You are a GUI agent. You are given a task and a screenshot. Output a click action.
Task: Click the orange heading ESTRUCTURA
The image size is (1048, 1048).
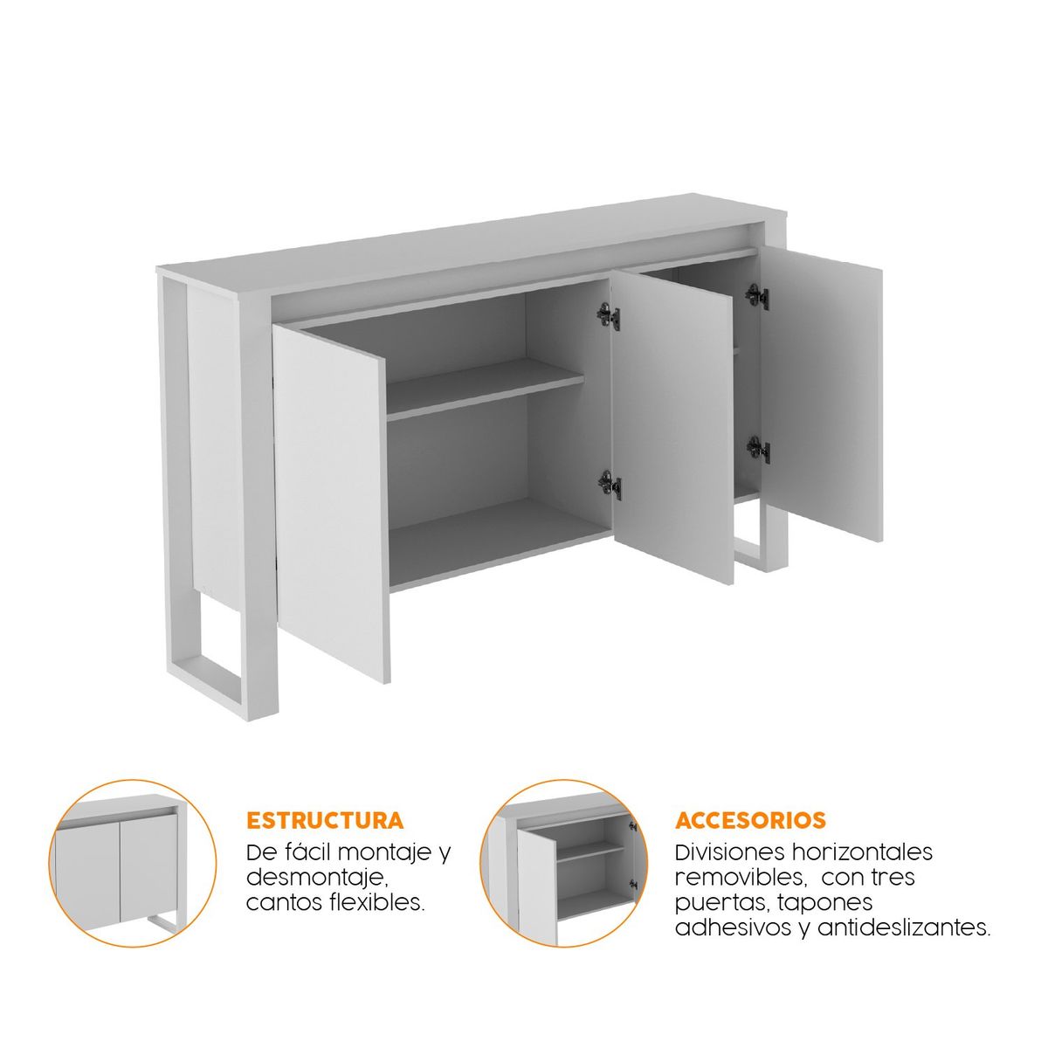(325, 821)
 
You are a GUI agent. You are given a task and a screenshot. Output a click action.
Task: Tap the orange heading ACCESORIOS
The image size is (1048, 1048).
(750, 821)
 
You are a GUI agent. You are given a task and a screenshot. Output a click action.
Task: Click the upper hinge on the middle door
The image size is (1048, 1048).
(609, 315)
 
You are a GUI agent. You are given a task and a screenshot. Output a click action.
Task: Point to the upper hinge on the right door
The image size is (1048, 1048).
(757, 296)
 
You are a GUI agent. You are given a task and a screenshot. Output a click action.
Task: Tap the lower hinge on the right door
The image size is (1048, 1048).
(758, 450)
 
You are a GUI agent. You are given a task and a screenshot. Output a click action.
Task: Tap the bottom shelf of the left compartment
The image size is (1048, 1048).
(498, 541)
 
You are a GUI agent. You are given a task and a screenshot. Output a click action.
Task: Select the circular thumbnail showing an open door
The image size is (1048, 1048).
(565, 863)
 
